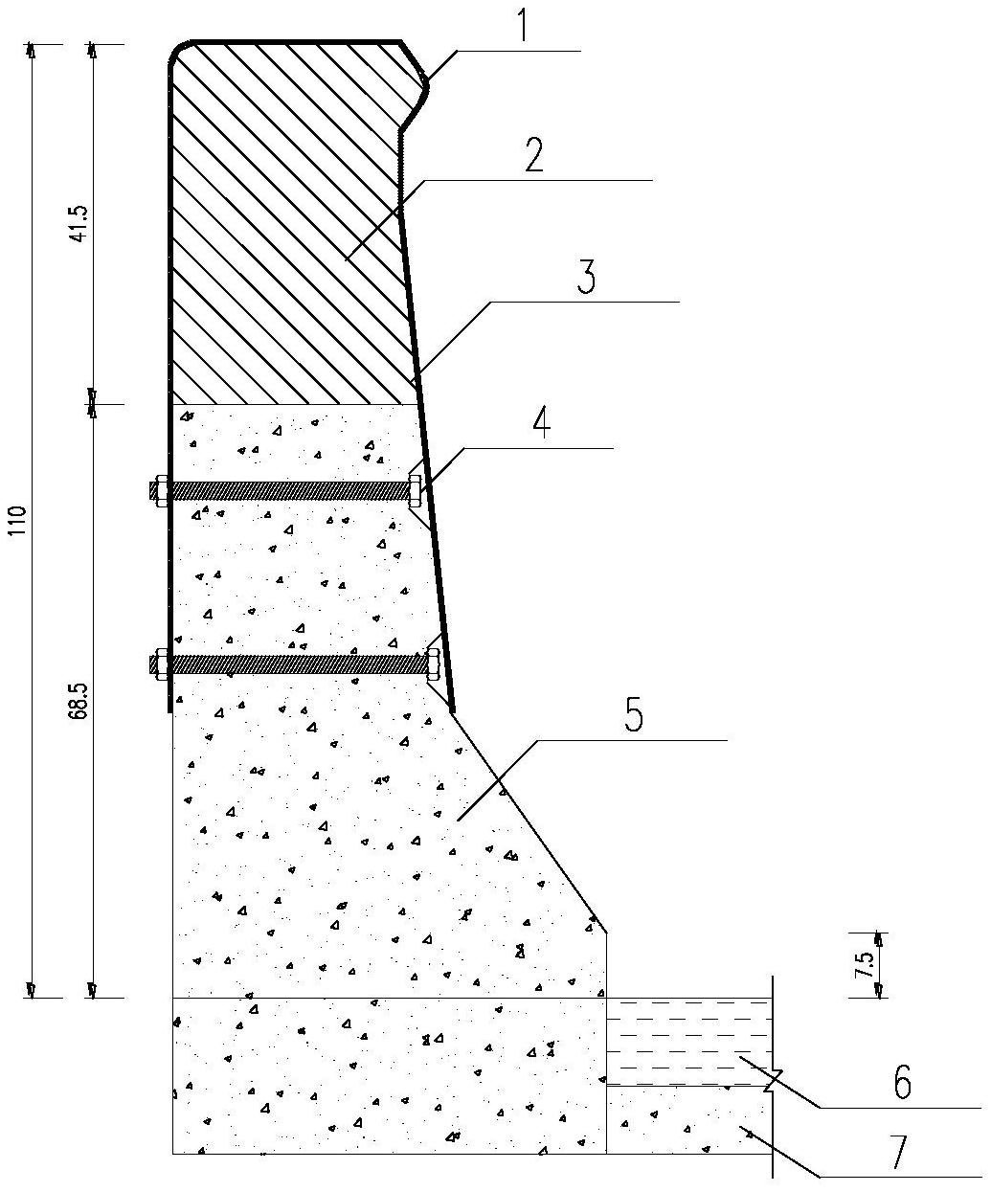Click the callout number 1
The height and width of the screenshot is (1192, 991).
(x=524, y=23)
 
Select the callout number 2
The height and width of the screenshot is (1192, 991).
(x=534, y=154)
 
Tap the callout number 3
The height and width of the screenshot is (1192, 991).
(x=586, y=277)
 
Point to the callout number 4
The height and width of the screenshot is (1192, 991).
(x=541, y=422)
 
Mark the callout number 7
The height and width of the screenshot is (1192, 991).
(x=900, y=1152)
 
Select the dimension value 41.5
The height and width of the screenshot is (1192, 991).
(x=79, y=223)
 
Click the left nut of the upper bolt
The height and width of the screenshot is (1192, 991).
(x=162, y=490)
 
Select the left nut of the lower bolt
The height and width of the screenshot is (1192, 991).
(x=162, y=663)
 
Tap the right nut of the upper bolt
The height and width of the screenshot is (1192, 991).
(x=415, y=490)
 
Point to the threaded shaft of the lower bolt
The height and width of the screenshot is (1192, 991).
(x=289, y=663)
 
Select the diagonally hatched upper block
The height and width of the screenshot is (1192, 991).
(x=285, y=223)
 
